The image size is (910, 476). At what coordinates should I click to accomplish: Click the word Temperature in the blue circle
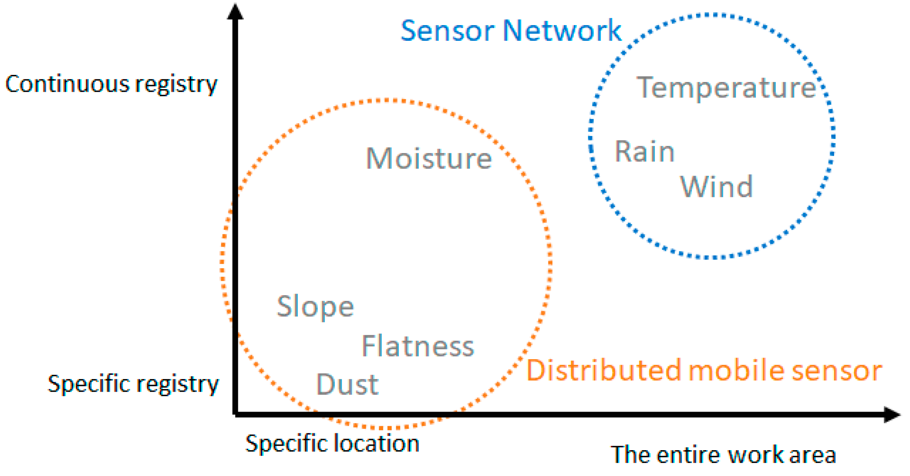[x=726, y=87]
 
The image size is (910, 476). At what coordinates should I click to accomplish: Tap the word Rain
[x=644, y=152]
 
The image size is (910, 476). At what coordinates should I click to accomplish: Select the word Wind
[x=716, y=186]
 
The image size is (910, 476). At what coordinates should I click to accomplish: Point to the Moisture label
[x=429, y=158]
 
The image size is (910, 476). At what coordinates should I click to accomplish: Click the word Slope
[x=315, y=306]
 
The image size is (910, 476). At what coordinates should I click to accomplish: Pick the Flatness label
[x=418, y=346]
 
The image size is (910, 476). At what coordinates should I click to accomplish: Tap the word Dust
[x=347, y=385]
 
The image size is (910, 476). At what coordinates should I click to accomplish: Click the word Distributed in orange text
[x=604, y=370]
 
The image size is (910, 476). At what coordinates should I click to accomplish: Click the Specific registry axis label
[x=133, y=384]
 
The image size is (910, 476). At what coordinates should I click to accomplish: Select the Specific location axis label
[x=332, y=444]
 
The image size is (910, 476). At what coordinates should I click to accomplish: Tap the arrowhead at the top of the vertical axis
[x=235, y=11]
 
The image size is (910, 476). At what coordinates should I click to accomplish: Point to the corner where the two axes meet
[x=236, y=414]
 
